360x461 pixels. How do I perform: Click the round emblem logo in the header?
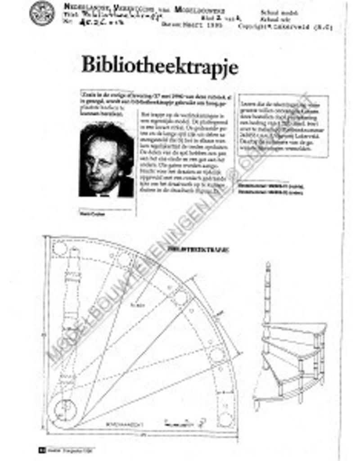[42, 13]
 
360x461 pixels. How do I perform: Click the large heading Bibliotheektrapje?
[159, 66]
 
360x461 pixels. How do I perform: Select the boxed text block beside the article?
[283, 126]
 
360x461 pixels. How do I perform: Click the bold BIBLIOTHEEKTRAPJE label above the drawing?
[198, 249]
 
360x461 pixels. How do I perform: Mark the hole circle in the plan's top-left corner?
[59, 248]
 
